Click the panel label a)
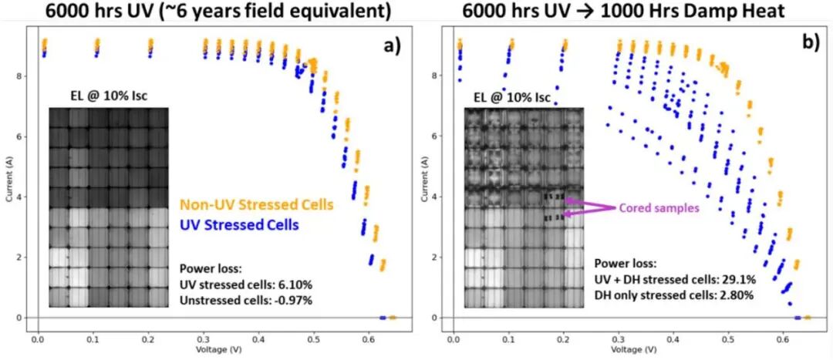[393, 45]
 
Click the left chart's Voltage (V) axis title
[207, 348]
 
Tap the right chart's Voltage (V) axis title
[624, 348]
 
